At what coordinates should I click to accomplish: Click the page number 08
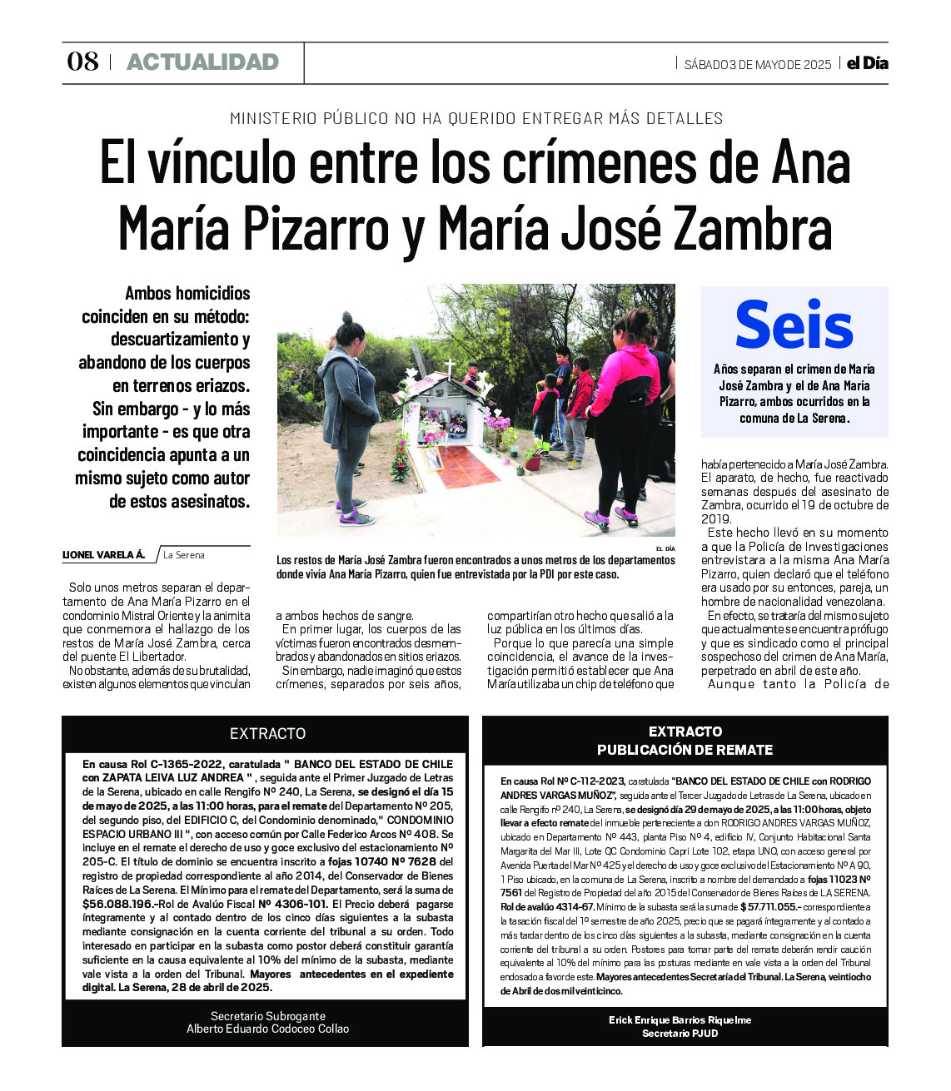82,62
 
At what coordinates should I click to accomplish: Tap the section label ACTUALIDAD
202,62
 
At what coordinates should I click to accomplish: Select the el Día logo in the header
867,63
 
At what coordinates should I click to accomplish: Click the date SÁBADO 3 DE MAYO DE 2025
757,64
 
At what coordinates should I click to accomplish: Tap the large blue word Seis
794,326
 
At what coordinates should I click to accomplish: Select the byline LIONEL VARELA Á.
104,555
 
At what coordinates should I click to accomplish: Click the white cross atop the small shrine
449,366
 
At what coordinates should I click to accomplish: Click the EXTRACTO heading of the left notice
267,733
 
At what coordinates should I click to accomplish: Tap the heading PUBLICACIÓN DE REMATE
685,750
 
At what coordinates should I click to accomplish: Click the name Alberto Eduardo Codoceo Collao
267,1029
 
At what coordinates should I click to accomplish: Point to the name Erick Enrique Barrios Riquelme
680,1019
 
